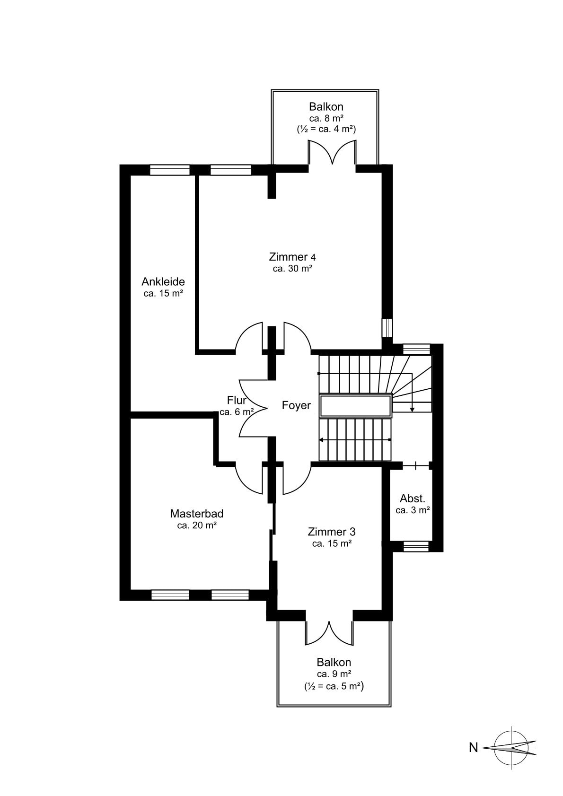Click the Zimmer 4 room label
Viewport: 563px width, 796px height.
click(292, 256)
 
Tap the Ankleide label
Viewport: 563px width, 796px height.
click(163, 282)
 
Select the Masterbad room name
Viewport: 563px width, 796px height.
click(196, 514)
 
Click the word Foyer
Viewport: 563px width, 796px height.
click(296, 405)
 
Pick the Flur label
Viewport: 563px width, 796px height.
click(237, 400)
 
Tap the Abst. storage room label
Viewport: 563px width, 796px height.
click(412, 499)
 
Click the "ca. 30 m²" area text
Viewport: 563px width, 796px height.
click(292, 269)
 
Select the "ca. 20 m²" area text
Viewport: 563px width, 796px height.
click(197, 525)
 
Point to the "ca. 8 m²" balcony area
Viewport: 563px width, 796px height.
click(326, 118)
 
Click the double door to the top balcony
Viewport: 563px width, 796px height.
click(332, 153)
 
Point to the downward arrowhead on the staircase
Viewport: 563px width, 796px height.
click(412, 410)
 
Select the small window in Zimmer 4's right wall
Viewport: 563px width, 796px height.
click(387, 327)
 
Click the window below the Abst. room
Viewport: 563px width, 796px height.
click(416, 546)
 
